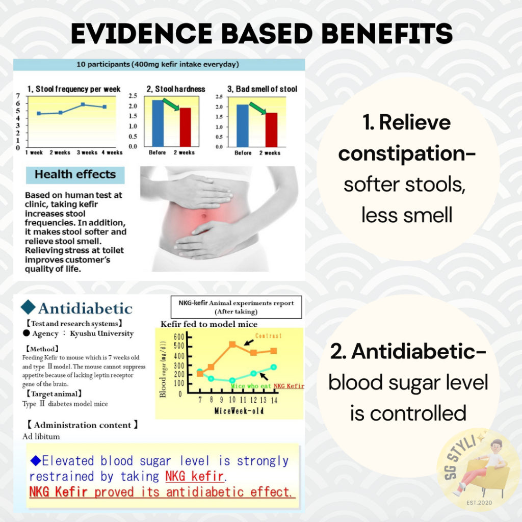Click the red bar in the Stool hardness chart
pyautogui.click(x=186, y=127)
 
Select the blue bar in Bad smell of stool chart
pyautogui.click(x=242, y=125)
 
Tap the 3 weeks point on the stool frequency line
pyautogui.click(x=83, y=105)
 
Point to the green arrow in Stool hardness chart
pyautogui.click(x=171, y=104)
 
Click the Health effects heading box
pyautogui.click(x=75, y=175)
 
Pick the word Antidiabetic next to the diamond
pyautogui.click(x=85, y=308)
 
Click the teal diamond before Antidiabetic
pyautogui.click(x=28, y=307)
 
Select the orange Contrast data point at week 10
pyautogui.click(x=232, y=344)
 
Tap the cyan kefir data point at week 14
pyautogui.click(x=274, y=367)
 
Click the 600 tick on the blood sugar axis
pyautogui.click(x=179, y=337)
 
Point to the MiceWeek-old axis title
pyautogui.click(x=239, y=411)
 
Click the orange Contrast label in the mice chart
pyautogui.click(x=268, y=335)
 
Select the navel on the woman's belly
pyautogui.click(x=204, y=217)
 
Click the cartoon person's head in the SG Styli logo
pyautogui.click(x=496, y=446)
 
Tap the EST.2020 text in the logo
pyautogui.click(x=479, y=503)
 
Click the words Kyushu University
pyautogui.click(x=101, y=333)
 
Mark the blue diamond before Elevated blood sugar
pyautogui.click(x=36, y=461)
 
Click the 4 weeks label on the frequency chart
pyautogui.click(x=112, y=152)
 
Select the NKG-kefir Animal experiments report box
pyautogui.click(x=237, y=307)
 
